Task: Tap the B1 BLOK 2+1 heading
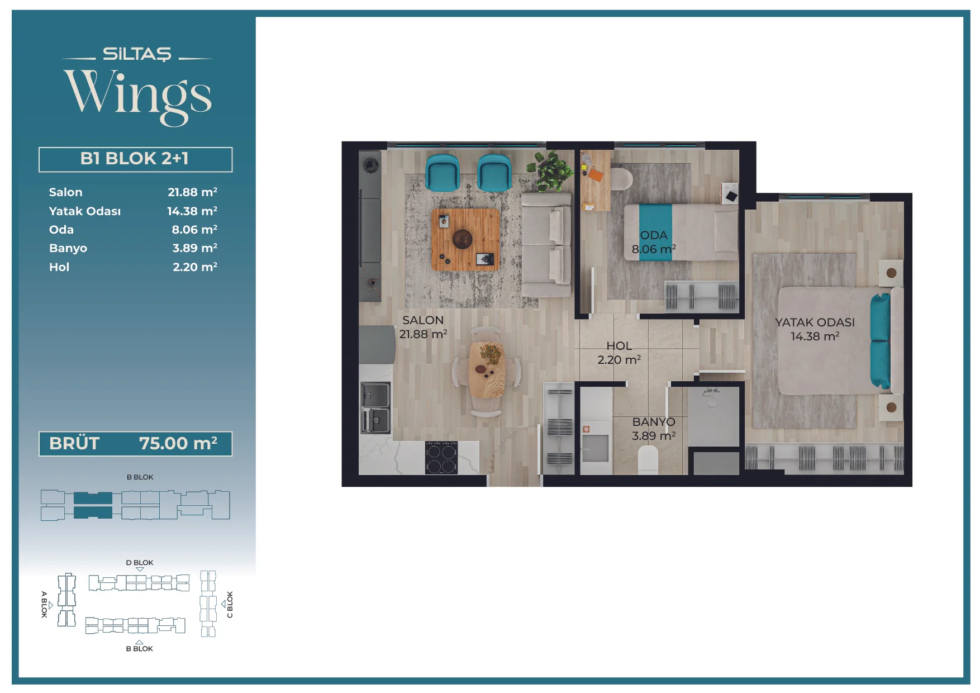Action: [135, 159]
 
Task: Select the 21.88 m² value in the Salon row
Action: [192, 192]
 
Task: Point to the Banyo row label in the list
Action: [68, 248]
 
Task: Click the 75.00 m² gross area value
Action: [178, 443]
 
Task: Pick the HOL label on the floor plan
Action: [619, 346]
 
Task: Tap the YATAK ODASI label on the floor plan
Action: [815, 322]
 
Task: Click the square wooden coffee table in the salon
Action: [465, 239]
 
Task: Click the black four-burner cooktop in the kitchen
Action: [441, 458]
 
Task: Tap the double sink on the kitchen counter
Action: [375, 407]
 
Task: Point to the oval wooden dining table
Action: [487, 370]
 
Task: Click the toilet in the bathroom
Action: [648, 459]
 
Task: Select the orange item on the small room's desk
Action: [596, 175]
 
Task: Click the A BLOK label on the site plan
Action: [44, 604]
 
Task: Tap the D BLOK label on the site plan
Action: [140, 563]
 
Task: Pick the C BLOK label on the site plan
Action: [230, 605]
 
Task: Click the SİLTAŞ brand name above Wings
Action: [137, 54]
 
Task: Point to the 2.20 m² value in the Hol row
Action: [195, 267]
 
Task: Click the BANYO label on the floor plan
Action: [654, 422]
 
